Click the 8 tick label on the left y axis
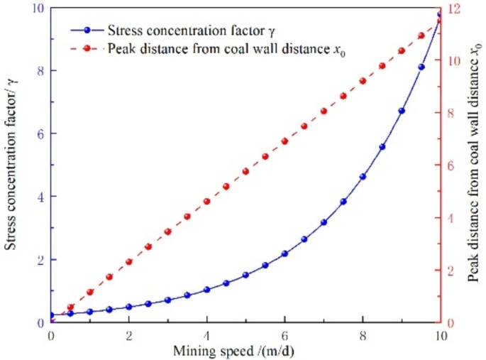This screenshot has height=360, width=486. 38,71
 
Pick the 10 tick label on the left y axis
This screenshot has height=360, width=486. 35,9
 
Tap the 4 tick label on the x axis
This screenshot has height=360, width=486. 206,334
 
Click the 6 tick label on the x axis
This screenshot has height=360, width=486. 285,334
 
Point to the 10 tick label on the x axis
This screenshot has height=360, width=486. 441,334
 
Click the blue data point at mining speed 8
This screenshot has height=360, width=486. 363,177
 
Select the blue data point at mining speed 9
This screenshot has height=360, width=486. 402,111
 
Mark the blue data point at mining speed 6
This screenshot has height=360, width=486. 285,253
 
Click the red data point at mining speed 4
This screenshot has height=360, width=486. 206,202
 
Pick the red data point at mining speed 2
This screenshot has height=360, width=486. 128,262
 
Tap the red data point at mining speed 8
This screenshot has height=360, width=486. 363,81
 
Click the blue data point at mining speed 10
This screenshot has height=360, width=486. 440,14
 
